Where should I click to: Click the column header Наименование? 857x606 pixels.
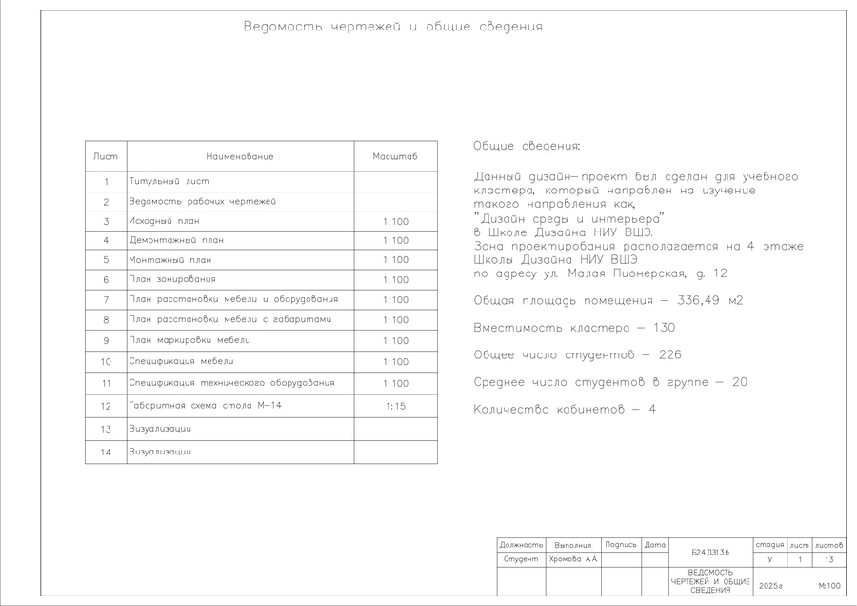pyautogui.click(x=240, y=156)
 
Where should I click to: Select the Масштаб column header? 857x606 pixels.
pyautogui.click(x=395, y=156)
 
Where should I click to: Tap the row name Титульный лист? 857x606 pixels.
pyautogui.click(x=169, y=181)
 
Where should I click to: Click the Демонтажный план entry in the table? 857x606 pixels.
pyautogui.click(x=176, y=240)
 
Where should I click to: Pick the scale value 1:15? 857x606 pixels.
pyautogui.click(x=395, y=407)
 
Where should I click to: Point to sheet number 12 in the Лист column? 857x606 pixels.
pyautogui.click(x=106, y=407)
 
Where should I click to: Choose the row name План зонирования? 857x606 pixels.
pyautogui.click(x=172, y=279)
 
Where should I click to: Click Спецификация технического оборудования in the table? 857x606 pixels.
pyautogui.click(x=231, y=383)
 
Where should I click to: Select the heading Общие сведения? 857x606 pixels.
pyautogui.click(x=526, y=146)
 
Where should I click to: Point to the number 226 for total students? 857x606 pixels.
pyautogui.click(x=668, y=355)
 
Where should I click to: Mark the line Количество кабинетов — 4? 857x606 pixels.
pyautogui.click(x=565, y=410)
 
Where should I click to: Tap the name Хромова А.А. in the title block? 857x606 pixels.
pyautogui.click(x=573, y=559)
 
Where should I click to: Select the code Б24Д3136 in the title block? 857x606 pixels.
pyautogui.click(x=710, y=552)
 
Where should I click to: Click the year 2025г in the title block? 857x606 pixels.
pyautogui.click(x=768, y=586)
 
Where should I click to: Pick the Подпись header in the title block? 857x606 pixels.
pyautogui.click(x=620, y=544)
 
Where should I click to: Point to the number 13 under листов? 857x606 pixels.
pyautogui.click(x=828, y=559)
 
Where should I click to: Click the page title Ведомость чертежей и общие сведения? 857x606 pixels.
pyautogui.click(x=393, y=27)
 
